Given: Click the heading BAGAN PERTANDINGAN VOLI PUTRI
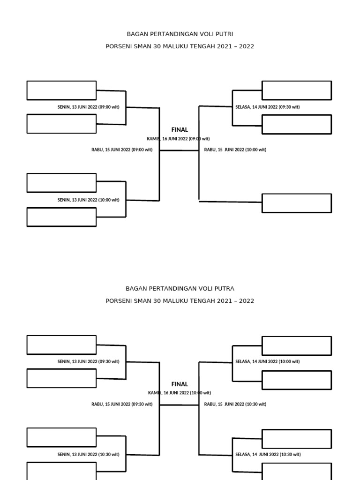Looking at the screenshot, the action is pyautogui.click(x=180, y=34).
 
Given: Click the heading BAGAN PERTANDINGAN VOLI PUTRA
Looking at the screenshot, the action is pyautogui.click(x=180, y=289).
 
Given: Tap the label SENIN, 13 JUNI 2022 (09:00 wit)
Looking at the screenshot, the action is pyautogui.click(x=89, y=107).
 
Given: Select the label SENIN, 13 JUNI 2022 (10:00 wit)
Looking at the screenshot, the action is pyautogui.click(x=89, y=200).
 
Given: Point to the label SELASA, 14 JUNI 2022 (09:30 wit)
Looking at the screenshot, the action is pyautogui.click(x=268, y=107).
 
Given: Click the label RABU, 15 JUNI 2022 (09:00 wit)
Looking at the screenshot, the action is pyautogui.click(x=122, y=150).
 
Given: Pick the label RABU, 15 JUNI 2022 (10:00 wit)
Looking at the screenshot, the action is pyautogui.click(x=235, y=150).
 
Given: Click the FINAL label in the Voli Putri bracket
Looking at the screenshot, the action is pyautogui.click(x=180, y=130).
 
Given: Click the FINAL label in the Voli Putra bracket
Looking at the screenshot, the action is pyautogui.click(x=180, y=384).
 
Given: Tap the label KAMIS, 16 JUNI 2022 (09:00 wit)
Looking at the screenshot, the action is pyautogui.click(x=178, y=139).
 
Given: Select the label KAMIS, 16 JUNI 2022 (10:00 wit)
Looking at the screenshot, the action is pyautogui.click(x=180, y=393).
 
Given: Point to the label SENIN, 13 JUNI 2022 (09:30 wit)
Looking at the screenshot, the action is pyautogui.click(x=89, y=361).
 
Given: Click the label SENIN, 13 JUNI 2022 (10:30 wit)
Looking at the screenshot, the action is pyautogui.click(x=89, y=455).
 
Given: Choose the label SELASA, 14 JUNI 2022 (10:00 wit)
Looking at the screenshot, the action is pyautogui.click(x=268, y=361).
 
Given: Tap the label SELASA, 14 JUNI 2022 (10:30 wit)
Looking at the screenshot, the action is pyautogui.click(x=268, y=455).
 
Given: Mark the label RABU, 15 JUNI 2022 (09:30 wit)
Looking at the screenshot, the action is pyautogui.click(x=122, y=405).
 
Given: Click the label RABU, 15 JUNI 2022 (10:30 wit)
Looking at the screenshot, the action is pyautogui.click(x=235, y=405).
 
